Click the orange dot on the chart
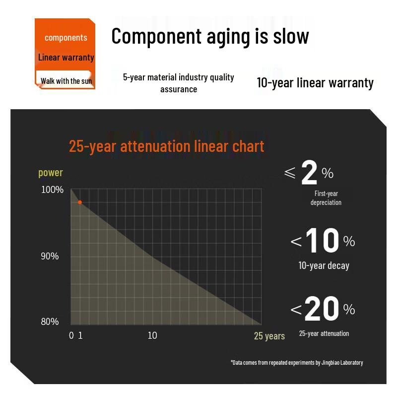coord(80,202)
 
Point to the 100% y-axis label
coord(52,190)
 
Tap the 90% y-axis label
coord(50,256)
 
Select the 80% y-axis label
coord(50,322)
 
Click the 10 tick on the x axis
coord(152,335)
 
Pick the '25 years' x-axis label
coord(269,336)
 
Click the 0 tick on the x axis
coord(71,335)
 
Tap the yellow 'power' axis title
coord(51,173)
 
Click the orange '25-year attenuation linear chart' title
coord(166,146)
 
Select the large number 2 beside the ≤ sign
coord(309,173)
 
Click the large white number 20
coord(322,309)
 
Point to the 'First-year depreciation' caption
coord(326,198)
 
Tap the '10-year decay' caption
coord(324,266)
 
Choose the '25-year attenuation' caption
coord(324,333)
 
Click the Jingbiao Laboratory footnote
coord(297,363)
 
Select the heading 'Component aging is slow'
coord(210,37)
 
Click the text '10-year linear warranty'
coord(315,83)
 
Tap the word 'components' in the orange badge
coord(66,38)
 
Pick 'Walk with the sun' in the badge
coord(66,81)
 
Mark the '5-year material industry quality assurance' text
coord(179,83)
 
